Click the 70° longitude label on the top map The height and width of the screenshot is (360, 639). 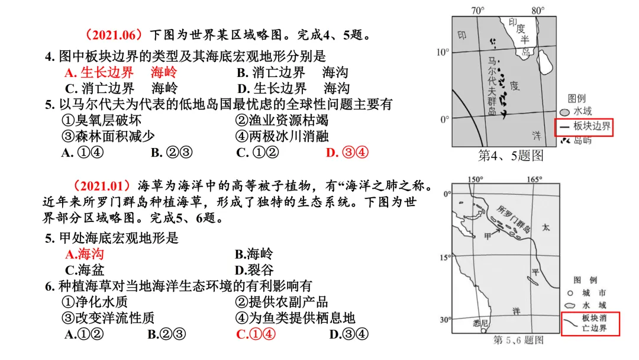[x=477, y=10]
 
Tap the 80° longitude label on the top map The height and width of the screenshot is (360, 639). [x=537, y=10]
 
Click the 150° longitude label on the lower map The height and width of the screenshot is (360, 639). [x=475, y=179]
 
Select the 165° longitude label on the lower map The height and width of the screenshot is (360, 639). [x=535, y=179]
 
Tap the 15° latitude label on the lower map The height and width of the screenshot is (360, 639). [x=444, y=258]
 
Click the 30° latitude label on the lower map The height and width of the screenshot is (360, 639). [x=444, y=320]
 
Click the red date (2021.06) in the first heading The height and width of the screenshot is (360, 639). [x=115, y=34]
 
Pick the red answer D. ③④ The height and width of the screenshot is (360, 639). [x=347, y=153]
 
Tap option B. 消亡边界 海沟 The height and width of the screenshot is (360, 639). [x=292, y=73]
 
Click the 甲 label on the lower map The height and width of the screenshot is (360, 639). [x=488, y=236]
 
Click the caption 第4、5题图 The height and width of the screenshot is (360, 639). [x=511, y=156]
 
